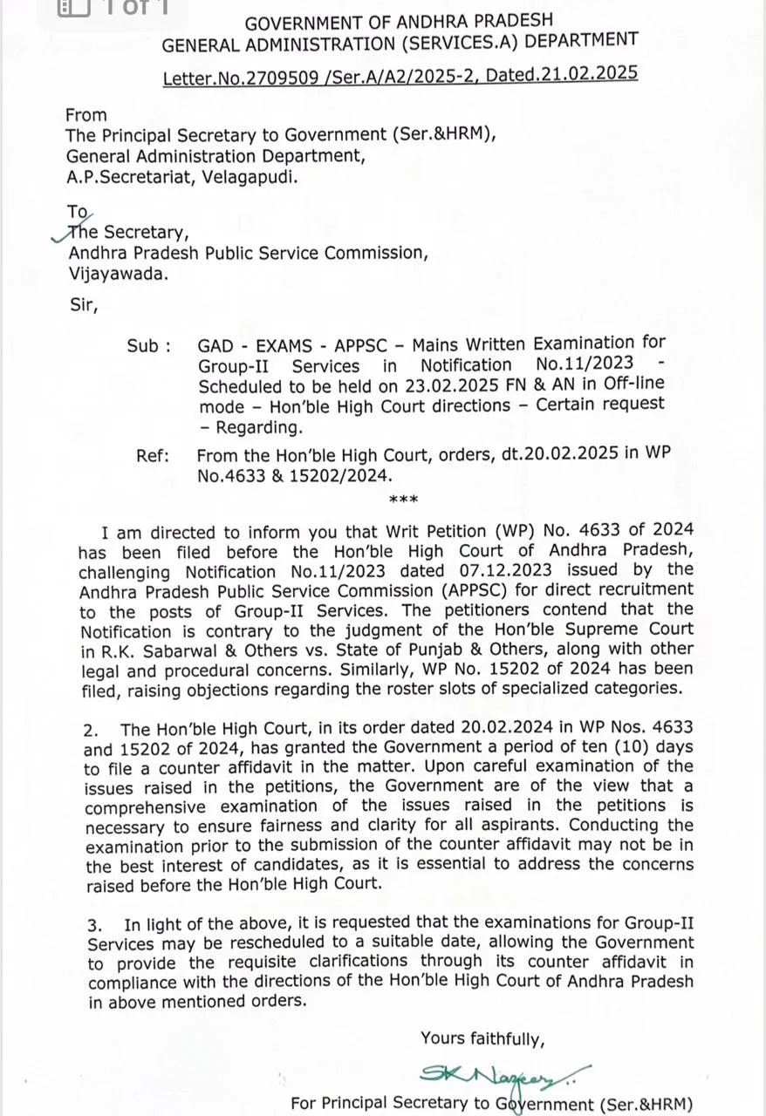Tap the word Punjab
pos(479,649)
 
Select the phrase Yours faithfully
pos(482,1038)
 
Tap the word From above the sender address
pos(86,115)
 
